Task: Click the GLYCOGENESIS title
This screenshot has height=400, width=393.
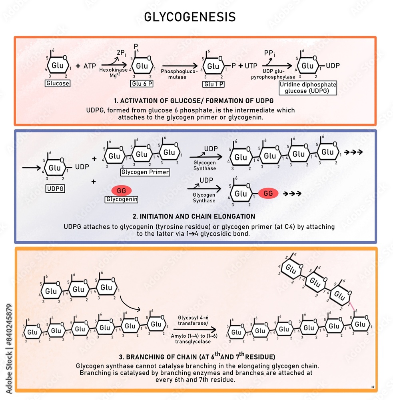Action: (x=190, y=17)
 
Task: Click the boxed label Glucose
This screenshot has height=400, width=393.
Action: (x=58, y=84)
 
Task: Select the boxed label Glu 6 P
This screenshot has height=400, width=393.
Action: (x=142, y=84)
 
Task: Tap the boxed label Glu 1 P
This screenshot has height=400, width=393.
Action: (x=213, y=84)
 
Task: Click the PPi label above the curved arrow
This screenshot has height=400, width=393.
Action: (x=269, y=53)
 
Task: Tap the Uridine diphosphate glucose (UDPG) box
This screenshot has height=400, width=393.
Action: (x=308, y=88)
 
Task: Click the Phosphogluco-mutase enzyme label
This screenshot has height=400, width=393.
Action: (x=179, y=74)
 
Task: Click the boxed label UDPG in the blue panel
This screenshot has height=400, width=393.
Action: (x=56, y=189)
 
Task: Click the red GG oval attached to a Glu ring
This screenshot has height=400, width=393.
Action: (x=268, y=194)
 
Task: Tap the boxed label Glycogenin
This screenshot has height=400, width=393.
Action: (x=121, y=199)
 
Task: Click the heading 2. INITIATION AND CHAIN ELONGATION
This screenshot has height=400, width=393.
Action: (x=194, y=216)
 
